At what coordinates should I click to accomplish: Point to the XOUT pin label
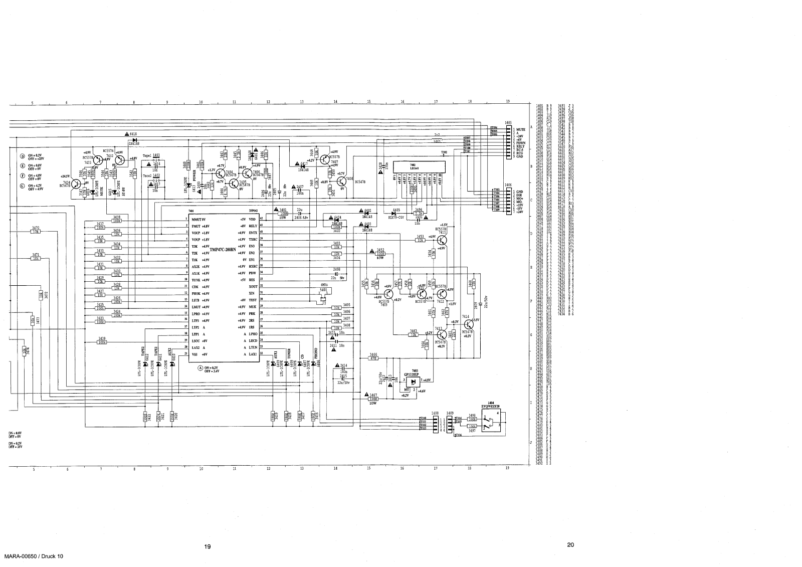(x=253, y=286)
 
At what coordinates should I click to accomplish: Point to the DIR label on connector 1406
(x=519, y=195)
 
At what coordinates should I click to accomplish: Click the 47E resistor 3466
(x=373, y=358)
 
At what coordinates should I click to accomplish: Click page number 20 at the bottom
(x=570, y=545)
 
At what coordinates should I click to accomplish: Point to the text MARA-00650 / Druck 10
(x=34, y=557)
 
